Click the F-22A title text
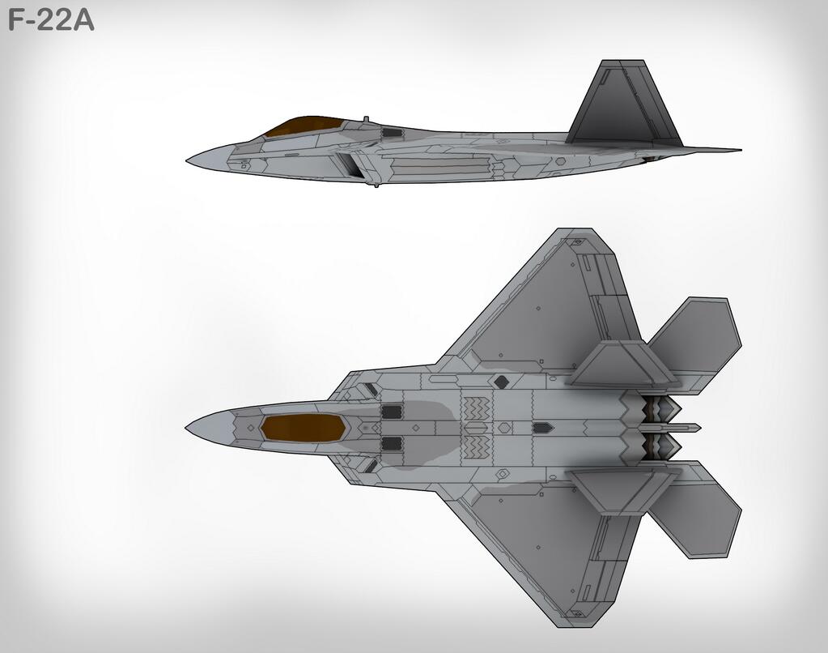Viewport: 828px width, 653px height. tap(50, 19)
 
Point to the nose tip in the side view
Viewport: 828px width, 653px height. tap(189, 159)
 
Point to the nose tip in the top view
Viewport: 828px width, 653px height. tap(188, 427)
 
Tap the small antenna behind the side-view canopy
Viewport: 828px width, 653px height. tap(365, 120)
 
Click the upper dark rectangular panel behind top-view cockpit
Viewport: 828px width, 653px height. tap(392, 412)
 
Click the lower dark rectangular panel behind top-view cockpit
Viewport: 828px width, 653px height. tap(392, 442)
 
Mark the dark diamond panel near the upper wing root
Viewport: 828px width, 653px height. tap(502, 382)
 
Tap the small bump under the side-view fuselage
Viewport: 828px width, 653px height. tap(376, 186)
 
